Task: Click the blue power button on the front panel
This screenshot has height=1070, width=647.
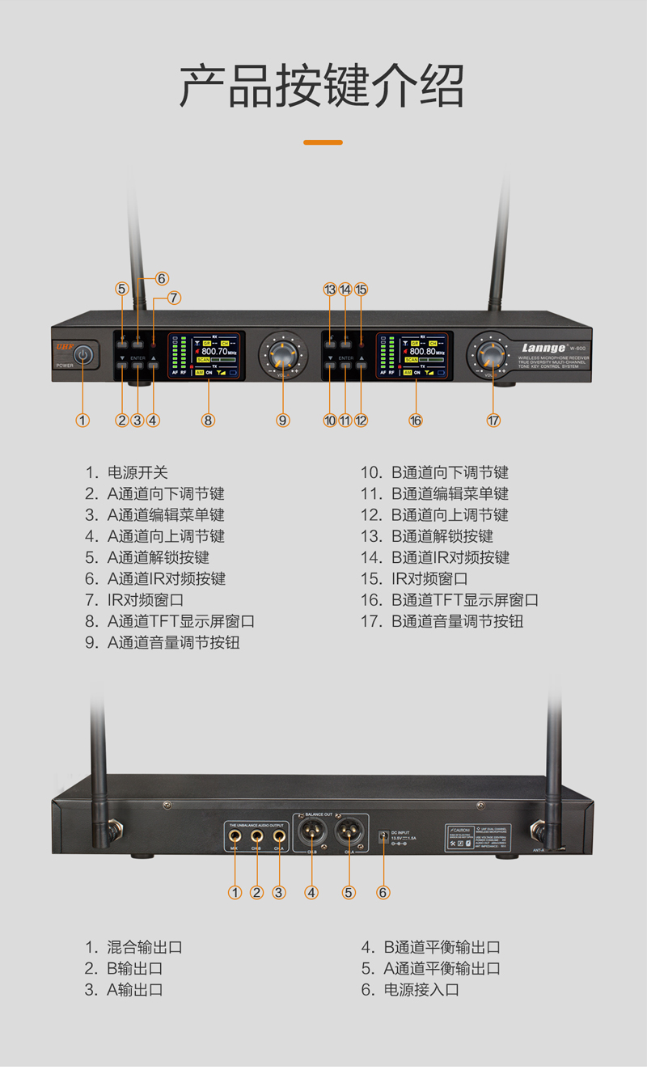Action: (x=83, y=354)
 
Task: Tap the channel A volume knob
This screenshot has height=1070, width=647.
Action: (x=282, y=353)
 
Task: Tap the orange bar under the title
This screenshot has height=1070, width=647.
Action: (x=323, y=142)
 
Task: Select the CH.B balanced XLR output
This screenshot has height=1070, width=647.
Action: (x=311, y=831)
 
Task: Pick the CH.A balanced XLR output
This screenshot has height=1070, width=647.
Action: (x=349, y=831)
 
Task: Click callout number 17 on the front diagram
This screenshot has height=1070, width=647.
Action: (x=493, y=421)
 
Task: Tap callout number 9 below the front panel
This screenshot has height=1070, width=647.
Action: (x=282, y=421)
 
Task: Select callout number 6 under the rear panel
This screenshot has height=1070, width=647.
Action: (x=383, y=893)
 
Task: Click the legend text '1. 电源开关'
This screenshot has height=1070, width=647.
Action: (x=127, y=472)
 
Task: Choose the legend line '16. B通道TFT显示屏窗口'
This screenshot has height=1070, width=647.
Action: (x=449, y=600)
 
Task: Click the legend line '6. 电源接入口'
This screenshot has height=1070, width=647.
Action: (x=410, y=989)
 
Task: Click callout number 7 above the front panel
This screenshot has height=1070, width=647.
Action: (x=175, y=298)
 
